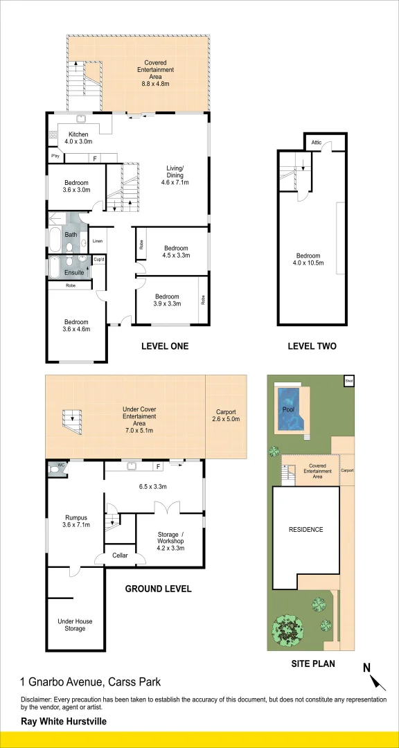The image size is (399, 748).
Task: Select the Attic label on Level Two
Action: click(x=317, y=142)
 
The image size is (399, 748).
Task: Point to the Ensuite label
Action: click(x=74, y=272)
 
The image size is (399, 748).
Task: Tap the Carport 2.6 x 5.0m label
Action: click(x=225, y=414)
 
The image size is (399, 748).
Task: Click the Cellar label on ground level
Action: click(x=120, y=555)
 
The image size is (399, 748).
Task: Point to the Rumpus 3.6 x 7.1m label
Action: click(x=76, y=520)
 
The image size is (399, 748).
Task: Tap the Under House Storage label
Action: click(x=75, y=625)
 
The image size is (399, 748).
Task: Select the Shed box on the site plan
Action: click(x=348, y=380)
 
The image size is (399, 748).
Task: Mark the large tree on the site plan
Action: click(x=290, y=628)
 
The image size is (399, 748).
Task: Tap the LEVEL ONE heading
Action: click(x=164, y=346)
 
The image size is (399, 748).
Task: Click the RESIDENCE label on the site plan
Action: click(x=305, y=530)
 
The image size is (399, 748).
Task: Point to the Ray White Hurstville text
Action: click(x=63, y=720)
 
